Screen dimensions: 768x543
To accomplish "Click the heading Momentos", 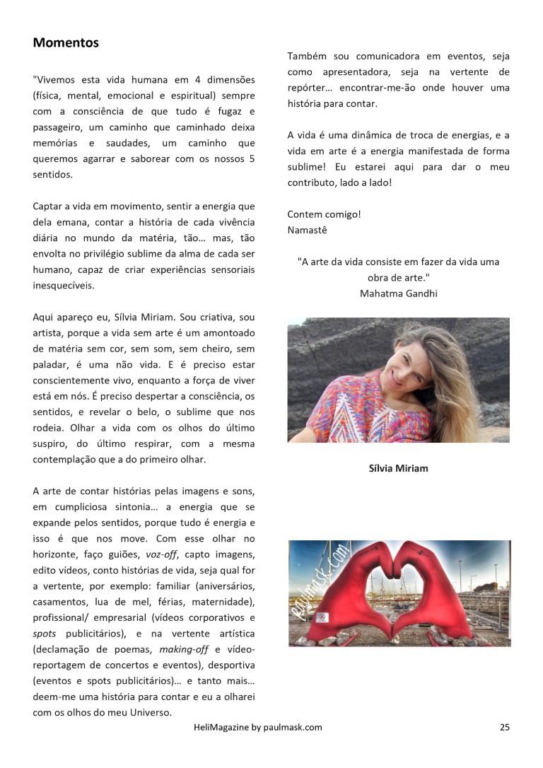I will [66, 43].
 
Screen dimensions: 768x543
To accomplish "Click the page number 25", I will [504, 726].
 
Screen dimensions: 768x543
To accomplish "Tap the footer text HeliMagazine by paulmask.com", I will [257, 726].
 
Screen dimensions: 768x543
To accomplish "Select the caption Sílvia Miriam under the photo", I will [398, 468].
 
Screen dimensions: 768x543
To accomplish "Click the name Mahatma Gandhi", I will [398, 293].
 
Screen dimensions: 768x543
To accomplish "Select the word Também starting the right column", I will [308, 57].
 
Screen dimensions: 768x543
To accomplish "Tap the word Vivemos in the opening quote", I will [57, 79].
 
